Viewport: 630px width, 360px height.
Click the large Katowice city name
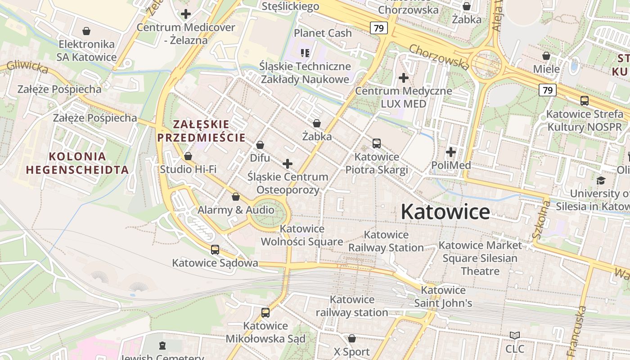[x=445, y=211]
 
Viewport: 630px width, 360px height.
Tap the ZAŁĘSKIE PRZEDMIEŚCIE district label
[x=202, y=130]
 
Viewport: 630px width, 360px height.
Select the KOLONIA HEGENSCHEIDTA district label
[x=77, y=163]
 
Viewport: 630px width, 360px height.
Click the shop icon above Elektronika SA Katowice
[x=86, y=31]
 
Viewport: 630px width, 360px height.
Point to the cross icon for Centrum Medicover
[x=185, y=14]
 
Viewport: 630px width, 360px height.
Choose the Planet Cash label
[x=323, y=33]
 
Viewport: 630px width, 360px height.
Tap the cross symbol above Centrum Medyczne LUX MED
[x=404, y=78]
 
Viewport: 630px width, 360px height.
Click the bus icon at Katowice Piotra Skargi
[x=377, y=144]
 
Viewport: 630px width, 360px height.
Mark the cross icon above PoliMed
[x=451, y=152]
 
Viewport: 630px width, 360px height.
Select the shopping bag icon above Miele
[x=546, y=56]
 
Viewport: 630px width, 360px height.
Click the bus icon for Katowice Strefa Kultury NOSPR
[x=585, y=101]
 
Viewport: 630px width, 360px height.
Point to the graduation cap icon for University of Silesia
[x=601, y=180]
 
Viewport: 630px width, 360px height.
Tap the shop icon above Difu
[x=260, y=145]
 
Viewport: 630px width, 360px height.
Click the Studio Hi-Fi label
[x=188, y=169]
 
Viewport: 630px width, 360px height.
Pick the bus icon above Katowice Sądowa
[x=215, y=250]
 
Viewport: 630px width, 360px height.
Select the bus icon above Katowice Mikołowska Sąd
[x=265, y=312]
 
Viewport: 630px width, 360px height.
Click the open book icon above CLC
[x=515, y=336]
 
